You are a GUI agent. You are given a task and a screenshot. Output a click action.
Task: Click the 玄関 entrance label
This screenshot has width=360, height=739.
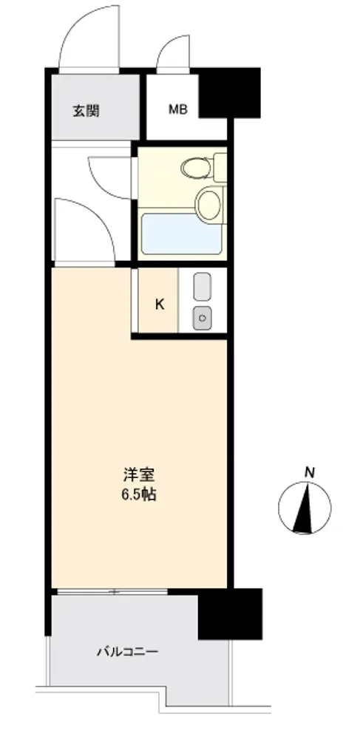click(86, 111)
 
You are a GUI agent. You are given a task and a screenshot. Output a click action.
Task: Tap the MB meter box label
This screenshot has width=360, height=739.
click(178, 110)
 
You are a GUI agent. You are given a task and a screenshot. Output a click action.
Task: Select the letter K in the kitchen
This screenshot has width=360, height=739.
click(160, 305)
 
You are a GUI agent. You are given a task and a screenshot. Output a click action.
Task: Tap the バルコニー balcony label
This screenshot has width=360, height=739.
click(128, 653)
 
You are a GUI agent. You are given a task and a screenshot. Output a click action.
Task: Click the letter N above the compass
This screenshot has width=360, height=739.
click(310, 472)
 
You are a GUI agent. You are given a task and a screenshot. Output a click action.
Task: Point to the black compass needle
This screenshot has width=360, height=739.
click(305, 509)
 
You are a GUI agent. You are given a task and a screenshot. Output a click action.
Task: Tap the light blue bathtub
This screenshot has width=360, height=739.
click(181, 234)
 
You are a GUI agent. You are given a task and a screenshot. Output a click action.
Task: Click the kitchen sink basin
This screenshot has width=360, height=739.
click(202, 285)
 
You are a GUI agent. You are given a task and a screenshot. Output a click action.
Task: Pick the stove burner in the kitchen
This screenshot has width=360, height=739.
click(202, 317)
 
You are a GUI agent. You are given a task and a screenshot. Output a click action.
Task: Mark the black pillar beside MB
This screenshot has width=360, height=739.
click(229, 93)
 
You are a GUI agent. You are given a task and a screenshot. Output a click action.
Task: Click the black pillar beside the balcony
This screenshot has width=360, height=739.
click(229, 613)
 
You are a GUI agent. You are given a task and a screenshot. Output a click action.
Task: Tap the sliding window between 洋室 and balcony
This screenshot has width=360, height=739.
click(112, 591)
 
